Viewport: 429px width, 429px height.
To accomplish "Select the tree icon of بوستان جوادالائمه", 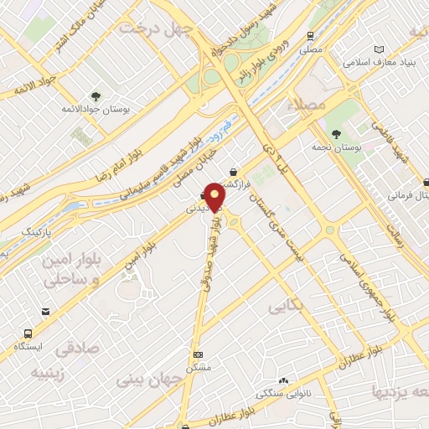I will pyautogui.click(x=95, y=95).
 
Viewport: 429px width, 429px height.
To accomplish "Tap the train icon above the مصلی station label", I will pyautogui.click(x=311, y=36).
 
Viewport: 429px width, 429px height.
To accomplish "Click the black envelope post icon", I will pyautogui.click(x=44, y=313).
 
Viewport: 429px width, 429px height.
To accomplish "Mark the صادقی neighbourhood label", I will pyautogui.click(x=78, y=347).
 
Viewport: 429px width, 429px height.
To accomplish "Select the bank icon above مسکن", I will pyautogui.click(x=198, y=354).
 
